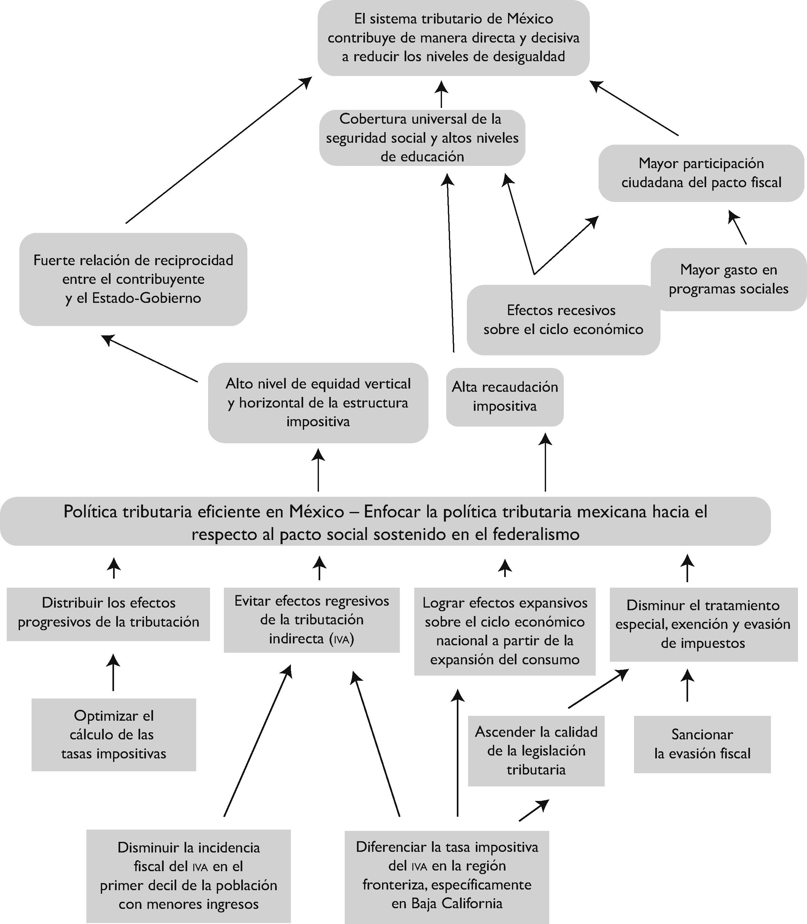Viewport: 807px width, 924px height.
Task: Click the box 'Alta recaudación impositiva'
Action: point(504,397)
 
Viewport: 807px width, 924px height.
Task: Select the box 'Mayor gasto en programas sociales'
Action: point(728,280)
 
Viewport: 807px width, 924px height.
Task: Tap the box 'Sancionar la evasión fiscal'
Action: point(702,744)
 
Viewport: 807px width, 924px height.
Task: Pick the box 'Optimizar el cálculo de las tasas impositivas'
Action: point(113,735)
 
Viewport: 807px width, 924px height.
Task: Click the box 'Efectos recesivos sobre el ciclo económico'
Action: point(563,320)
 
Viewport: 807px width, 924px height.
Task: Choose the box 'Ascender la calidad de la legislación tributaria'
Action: point(536,751)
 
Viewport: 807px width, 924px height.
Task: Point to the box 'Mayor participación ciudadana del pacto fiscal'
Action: point(701,173)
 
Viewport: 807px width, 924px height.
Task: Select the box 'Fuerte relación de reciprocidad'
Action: point(133,279)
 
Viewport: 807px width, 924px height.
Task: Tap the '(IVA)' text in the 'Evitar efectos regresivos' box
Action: point(342,639)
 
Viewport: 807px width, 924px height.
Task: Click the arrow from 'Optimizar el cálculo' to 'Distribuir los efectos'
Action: point(113,673)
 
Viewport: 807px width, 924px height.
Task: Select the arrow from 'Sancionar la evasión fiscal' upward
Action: point(687,685)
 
